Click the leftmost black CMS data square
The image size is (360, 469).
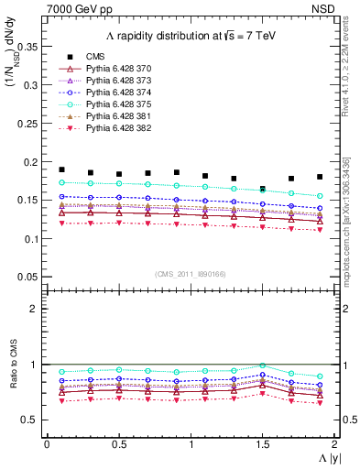tap(61, 169)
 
